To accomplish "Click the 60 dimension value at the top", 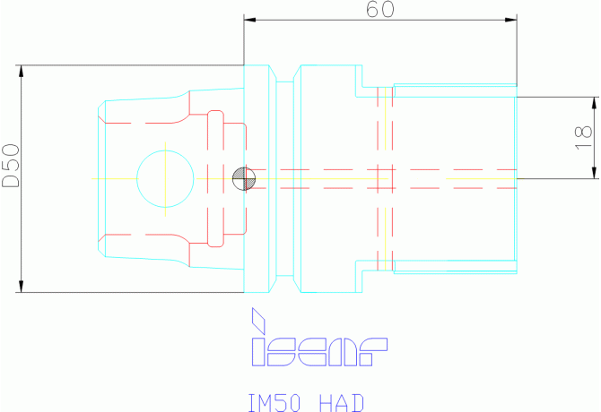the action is tap(379, 9).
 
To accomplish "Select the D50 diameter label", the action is tap(11, 166).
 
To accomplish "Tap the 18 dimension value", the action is tap(583, 138).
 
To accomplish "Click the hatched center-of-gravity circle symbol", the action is tap(244, 178).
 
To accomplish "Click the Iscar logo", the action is tap(319, 337).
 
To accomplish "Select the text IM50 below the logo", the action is tap(274, 403).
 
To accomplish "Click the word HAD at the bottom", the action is tap(342, 403).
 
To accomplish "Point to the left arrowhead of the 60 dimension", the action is tap(250, 20).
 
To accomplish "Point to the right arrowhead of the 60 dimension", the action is tap(511, 20).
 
